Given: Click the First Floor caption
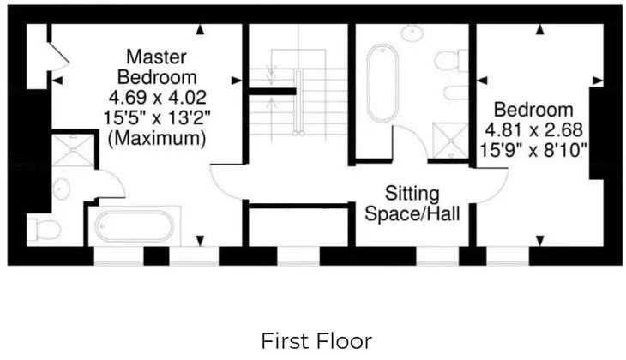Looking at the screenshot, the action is pyautogui.click(x=316, y=342).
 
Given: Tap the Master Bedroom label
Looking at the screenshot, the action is pyautogui.click(x=157, y=67).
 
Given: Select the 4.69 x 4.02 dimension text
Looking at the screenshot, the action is pyautogui.click(x=157, y=98).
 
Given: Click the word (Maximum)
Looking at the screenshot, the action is pyautogui.click(x=157, y=139).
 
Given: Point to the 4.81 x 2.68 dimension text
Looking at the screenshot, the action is pyautogui.click(x=533, y=130).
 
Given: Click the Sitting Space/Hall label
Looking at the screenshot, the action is pyautogui.click(x=412, y=203).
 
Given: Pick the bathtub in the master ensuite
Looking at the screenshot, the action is pyautogui.click(x=134, y=226).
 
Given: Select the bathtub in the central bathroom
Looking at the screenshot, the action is pyautogui.click(x=382, y=83).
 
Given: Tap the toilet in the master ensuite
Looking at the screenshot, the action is pyautogui.click(x=44, y=230).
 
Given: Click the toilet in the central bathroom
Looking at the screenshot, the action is pyautogui.click(x=451, y=61).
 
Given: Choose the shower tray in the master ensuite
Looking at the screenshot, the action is pyautogui.click(x=73, y=150).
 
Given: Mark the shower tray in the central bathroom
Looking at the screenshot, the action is pyautogui.click(x=450, y=140).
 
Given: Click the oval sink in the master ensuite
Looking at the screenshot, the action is pyautogui.click(x=61, y=189).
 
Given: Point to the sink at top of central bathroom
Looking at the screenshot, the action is pyautogui.click(x=412, y=33).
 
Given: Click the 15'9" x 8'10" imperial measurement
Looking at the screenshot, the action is pyautogui.click(x=533, y=151).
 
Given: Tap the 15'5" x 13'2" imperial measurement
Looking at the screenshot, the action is pyautogui.click(x=157, y=118).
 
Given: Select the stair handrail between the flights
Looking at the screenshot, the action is pyautogui.click(x=298, y=102).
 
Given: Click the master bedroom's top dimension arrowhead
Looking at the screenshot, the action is pyautogui.click(x=200, y=29).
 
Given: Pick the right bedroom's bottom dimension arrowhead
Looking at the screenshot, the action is pyautogui.click(x=539, y=241).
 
